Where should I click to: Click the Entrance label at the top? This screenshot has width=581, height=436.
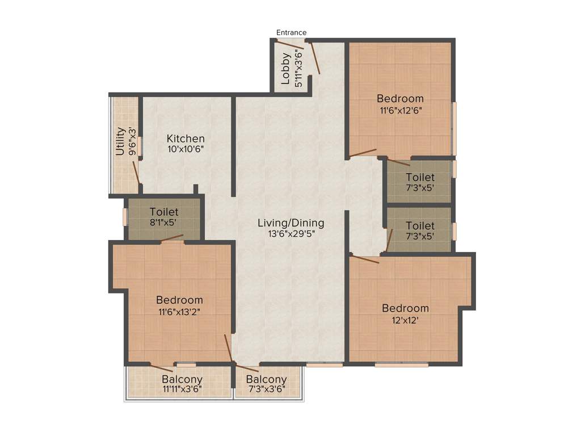292,32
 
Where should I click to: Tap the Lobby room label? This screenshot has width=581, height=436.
286,69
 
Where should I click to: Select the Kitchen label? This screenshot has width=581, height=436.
186,139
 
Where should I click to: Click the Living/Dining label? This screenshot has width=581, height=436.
291,223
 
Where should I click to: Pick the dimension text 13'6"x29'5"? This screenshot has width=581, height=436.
291,233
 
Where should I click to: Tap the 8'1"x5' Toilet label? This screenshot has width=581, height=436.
164,212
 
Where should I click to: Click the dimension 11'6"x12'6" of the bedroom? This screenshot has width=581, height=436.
401,110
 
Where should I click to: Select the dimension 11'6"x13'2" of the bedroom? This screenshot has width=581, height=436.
179,311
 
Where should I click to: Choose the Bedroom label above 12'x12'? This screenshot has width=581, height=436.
405,308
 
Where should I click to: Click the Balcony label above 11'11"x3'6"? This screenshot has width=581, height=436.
182,379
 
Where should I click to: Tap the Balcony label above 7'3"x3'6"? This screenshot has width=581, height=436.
266,379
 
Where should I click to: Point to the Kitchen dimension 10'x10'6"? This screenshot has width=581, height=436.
186,149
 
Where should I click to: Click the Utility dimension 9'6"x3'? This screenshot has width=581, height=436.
132,141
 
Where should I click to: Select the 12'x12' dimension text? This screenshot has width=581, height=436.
405,320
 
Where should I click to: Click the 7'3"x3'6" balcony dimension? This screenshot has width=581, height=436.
266,389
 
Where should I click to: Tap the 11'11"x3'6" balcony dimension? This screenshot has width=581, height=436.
182,389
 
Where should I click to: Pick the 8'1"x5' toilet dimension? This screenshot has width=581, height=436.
164,223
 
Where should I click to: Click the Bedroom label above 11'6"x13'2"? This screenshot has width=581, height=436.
179,300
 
